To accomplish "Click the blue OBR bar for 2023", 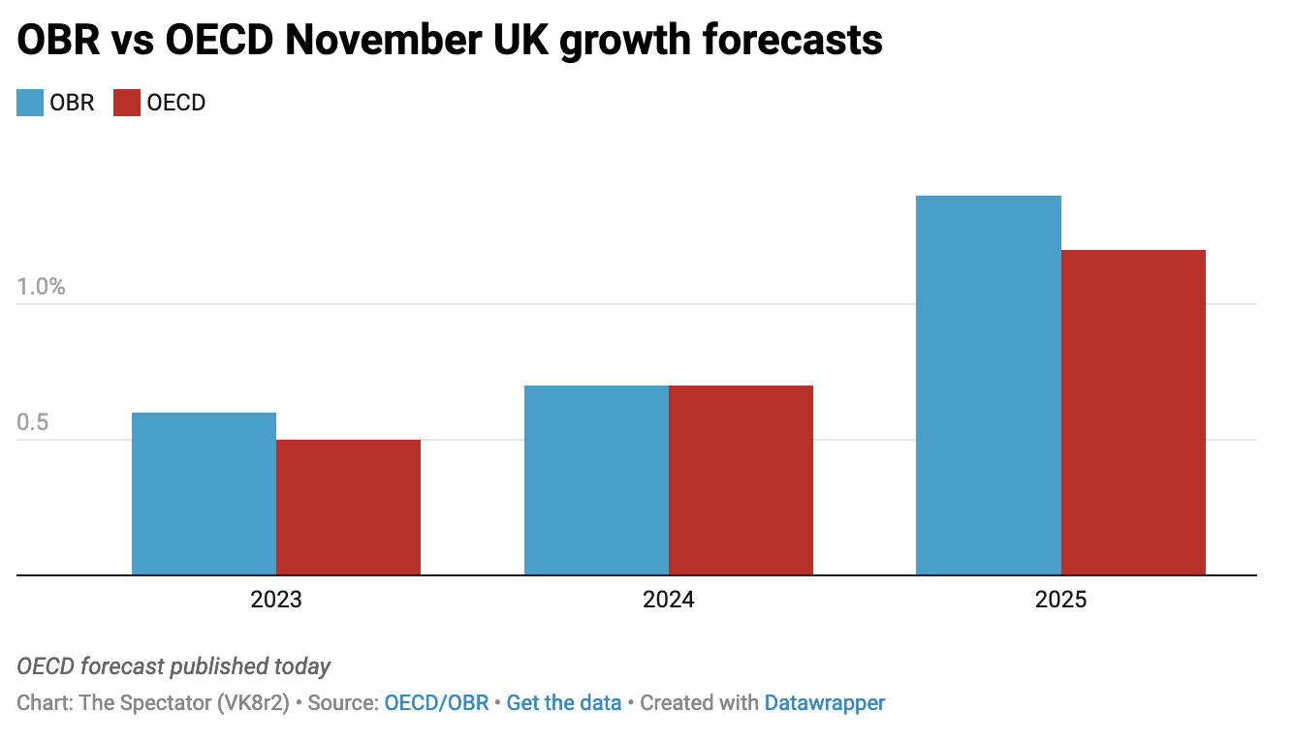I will coord(204,494).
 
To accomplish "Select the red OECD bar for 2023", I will coord(348,507).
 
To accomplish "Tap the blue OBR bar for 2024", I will coord(596,480).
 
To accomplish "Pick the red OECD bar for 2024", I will coord(741,480).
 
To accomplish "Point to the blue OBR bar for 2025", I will coord(988,386).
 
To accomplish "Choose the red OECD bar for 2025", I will coord(1133,413).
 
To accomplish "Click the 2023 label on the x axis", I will coord(276,600).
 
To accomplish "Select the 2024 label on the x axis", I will coord(669,600).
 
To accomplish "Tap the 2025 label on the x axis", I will coord(1060,600).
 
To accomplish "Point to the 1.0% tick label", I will coord(41,287).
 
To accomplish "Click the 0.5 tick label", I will coord(33,423).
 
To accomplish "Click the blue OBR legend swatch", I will coord(30,103).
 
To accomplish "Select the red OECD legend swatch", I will coord(127,103).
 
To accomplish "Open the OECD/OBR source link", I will coord(436,703).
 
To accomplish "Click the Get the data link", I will coord(564,703).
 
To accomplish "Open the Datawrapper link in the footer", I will coord(825,703).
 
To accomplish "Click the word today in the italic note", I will coord(302,666).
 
